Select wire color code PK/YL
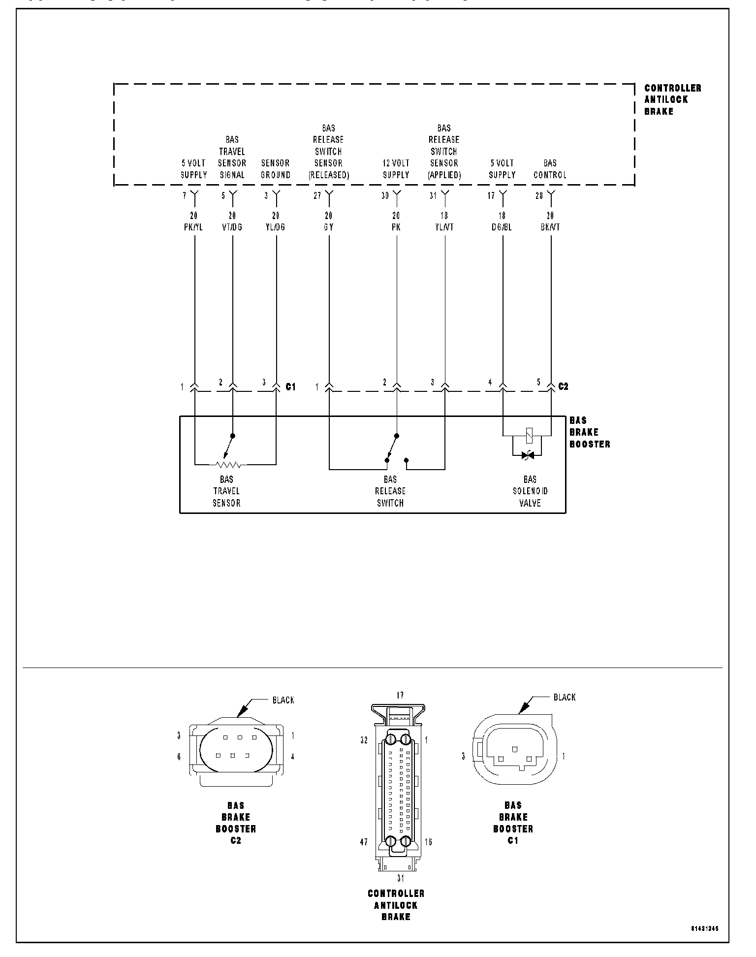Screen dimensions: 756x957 pyautogui.click(x=193, y=227)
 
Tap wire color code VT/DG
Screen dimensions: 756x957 pyautogui.click(x=232, y=227)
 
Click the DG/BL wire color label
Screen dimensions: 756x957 pyautogui.click(x=502, y=227)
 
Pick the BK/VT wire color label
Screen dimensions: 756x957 pyautogui.click(x=550, y=227)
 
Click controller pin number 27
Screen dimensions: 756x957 pyautogui.click(x=317, y=196)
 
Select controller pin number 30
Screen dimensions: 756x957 pyautogui.click(x=385, y=196)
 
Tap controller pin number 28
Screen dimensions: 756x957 pyautogui.click(x=539, y=196)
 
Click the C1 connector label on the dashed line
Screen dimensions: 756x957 pyautogui.click(x=291, y=387)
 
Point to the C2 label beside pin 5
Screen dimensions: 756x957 pyautogui.click(x=564, y=387)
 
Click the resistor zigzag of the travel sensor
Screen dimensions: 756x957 pyautogui.click(x=228, y=464)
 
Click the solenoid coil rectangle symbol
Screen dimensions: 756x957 pyautogui.click(x=527, y=435)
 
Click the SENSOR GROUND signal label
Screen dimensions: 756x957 pyautogui.click(x=276, y=169)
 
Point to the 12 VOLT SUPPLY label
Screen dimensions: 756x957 pyautogui.click(x=396, y=169)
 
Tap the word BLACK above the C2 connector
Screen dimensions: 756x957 pyautogui.click(x=283, y=700)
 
